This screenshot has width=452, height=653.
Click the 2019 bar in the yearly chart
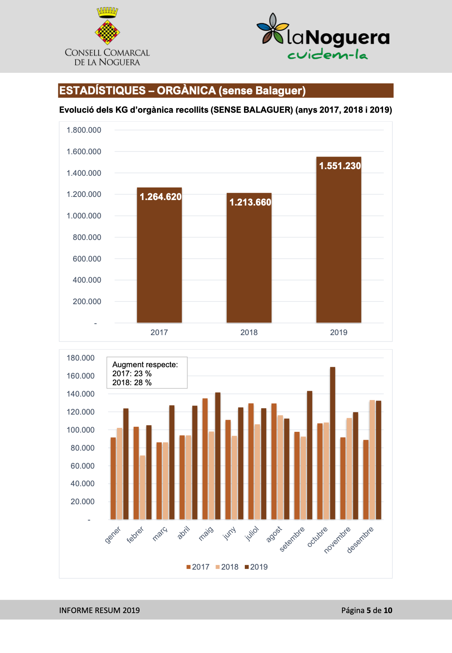tap(338, 240)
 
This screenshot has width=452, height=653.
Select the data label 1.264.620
tap(161, 197)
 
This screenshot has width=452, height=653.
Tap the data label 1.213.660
tap(250, 202)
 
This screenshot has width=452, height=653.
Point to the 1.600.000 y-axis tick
tap(84, 152)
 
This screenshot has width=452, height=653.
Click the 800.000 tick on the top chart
tap(87, 237)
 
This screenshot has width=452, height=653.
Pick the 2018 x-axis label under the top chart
tap(249, 332)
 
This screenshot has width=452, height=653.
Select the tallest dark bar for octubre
tap(333, 443)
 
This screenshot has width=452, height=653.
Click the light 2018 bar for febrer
tap(142, 487)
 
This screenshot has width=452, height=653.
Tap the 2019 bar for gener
tap(126, 464)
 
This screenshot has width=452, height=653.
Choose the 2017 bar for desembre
tap(366, 480)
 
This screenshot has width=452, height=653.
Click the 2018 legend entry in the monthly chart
tap(227, 567)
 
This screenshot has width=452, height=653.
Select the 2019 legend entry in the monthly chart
tap(256, 567)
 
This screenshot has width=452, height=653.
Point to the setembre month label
tap(292, 539)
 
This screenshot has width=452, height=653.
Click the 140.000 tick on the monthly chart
tap(80, 394)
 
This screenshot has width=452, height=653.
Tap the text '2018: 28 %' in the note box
tap(132, 382)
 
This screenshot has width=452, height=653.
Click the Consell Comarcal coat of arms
tap(107, 26)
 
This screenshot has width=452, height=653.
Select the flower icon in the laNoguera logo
tap(273, 29)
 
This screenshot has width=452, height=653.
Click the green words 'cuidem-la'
tap(327, 54)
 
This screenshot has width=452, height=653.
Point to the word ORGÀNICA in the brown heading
tap(186, 90)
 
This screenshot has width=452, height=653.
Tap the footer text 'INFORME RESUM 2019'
tap(99, 610)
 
